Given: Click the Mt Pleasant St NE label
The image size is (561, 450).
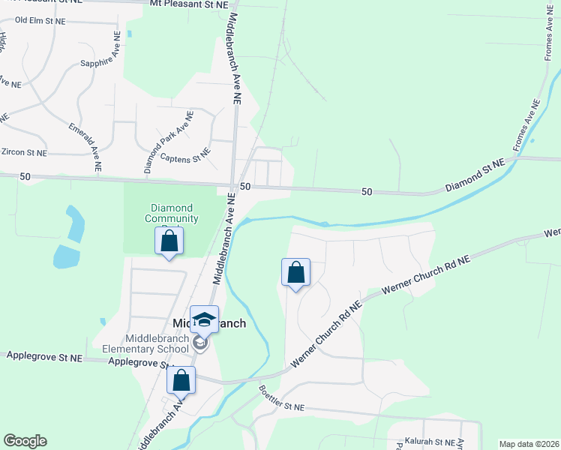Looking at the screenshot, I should tap(188, 4).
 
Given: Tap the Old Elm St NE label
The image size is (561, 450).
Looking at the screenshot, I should tap(40, 21).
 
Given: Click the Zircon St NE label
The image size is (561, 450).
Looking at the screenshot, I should tap(24, 152).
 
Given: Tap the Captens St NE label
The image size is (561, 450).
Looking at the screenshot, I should tap(184, 158).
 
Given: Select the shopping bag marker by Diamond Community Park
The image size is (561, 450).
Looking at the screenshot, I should tap(169, 241).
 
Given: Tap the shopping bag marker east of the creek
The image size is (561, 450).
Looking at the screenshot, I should tap(295, 273).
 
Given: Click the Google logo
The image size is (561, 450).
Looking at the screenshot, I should tap(25, 441).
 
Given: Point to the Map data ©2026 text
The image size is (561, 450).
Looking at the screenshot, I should tap(529, 444).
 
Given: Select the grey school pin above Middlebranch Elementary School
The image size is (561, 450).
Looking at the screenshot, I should tap(199, 344).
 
